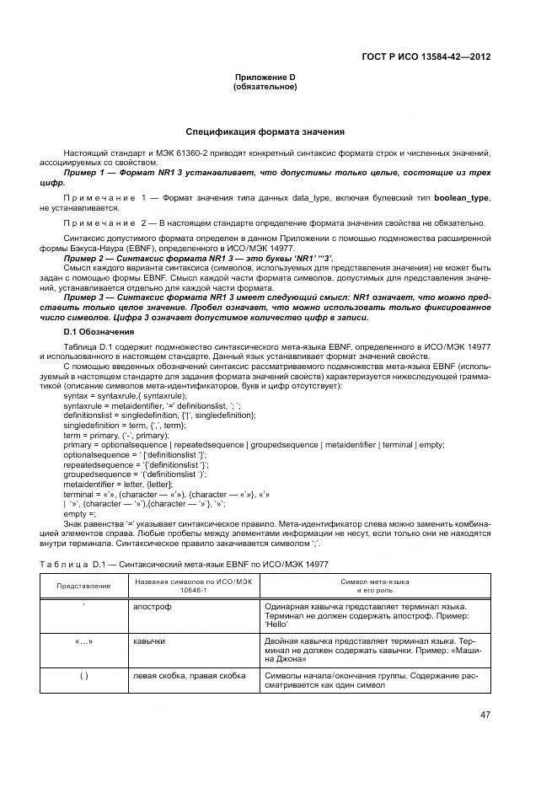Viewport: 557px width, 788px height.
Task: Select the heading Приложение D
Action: coord(265,78)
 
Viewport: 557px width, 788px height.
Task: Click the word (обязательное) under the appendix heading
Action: coord(265,87)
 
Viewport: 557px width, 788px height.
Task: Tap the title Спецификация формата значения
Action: coord(265,132)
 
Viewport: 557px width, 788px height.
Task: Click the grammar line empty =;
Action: coord(80,513)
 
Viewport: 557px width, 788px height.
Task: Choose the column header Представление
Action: coord(83,586)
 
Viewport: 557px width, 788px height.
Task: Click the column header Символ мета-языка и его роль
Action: coord(374,586)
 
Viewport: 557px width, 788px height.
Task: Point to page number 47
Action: coord(485,715)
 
